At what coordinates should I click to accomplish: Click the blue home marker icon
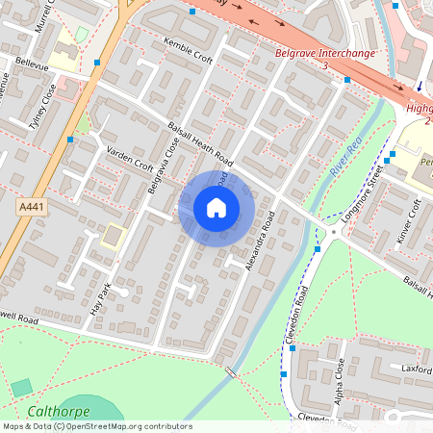pyautogui.click(x=216, y=207)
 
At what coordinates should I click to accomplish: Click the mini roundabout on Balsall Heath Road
pyautogui.click(x=333, y=232)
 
